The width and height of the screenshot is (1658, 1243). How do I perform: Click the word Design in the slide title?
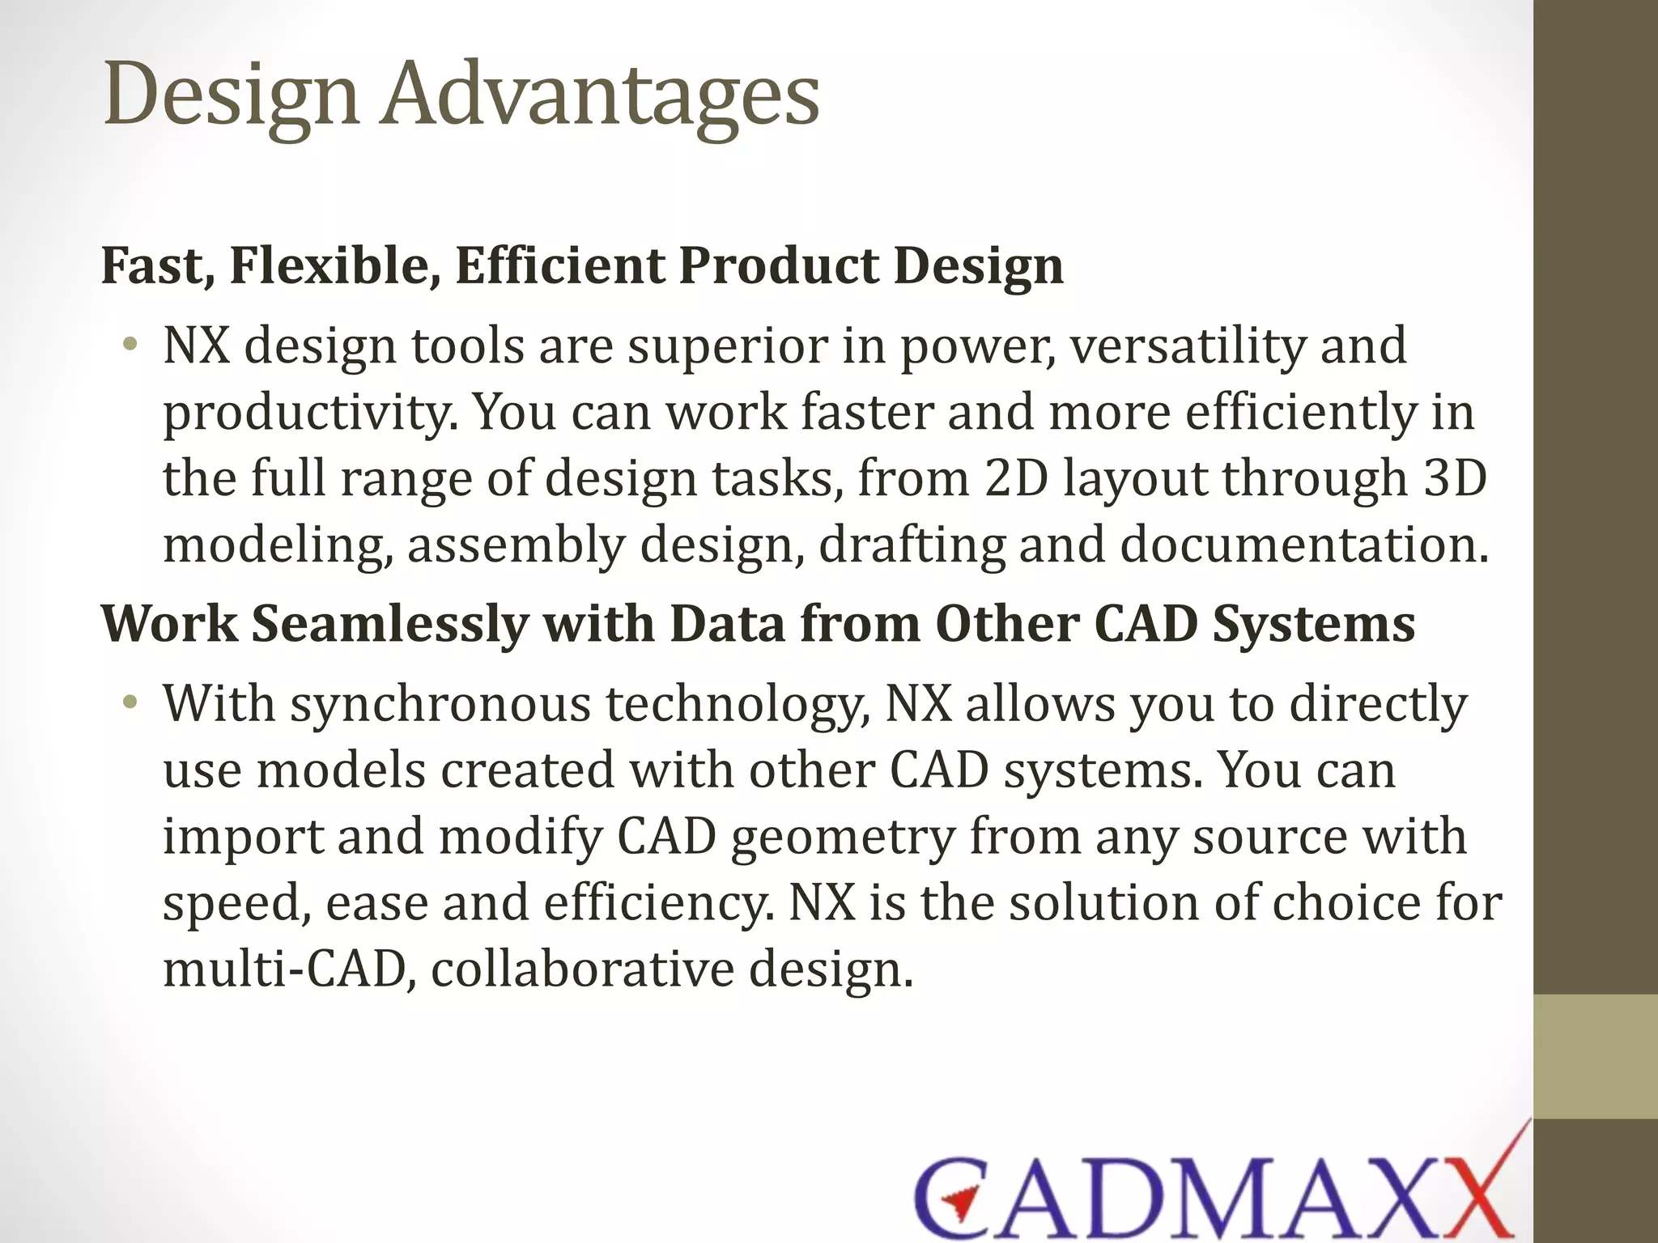tap(232, 95)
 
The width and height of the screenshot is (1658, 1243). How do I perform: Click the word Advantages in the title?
tap(602, 95)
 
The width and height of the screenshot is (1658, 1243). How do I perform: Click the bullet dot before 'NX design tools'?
tap(129, 346)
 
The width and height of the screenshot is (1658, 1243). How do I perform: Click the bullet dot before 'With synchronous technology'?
tap(129, 703)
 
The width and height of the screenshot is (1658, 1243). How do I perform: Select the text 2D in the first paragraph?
tap(1016, 478)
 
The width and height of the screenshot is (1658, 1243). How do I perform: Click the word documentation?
tap(1304, 545)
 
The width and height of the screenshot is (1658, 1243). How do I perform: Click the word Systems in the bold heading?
tap(1313, 624)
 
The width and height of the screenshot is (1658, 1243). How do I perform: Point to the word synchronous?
tap(440, 703)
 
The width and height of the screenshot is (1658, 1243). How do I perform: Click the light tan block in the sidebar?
tap(1595, 1056)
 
